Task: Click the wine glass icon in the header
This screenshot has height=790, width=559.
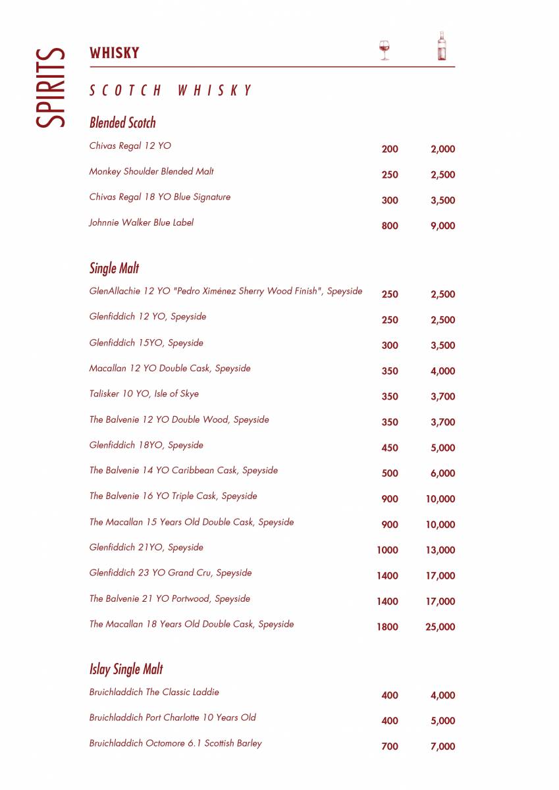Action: point(385,50)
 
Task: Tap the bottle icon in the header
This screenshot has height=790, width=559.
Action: point(442,47)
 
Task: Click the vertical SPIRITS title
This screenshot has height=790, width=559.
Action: point(51,88)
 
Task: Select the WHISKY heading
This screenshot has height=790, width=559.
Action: point(115,53)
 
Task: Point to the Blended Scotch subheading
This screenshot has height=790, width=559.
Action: point(122,122)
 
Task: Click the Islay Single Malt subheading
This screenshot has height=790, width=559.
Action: point(126,669)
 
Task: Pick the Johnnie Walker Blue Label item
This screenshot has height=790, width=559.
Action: point(142,223)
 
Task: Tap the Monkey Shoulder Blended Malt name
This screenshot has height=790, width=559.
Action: point(151,171)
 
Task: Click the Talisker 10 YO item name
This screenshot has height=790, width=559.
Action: point(144,394)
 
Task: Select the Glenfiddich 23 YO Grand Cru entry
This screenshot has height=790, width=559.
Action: point(171,573)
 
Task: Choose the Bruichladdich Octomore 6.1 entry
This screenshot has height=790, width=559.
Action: point(175,743)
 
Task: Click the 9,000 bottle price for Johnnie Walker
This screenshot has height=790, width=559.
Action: point(442,226)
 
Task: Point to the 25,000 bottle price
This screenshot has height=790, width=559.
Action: point(440,627)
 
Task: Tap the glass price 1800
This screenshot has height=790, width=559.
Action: point(387,627)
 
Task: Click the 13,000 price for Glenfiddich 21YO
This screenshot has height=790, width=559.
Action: point(440,550)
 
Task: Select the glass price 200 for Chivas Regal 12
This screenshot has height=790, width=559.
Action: point(390,149)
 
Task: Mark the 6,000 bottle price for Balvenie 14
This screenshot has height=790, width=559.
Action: point(442,473)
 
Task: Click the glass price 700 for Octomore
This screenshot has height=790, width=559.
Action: point(390,747)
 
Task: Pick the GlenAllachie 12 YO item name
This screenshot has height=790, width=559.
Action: point(225,291)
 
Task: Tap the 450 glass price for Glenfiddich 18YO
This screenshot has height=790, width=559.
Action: point(390,448)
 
